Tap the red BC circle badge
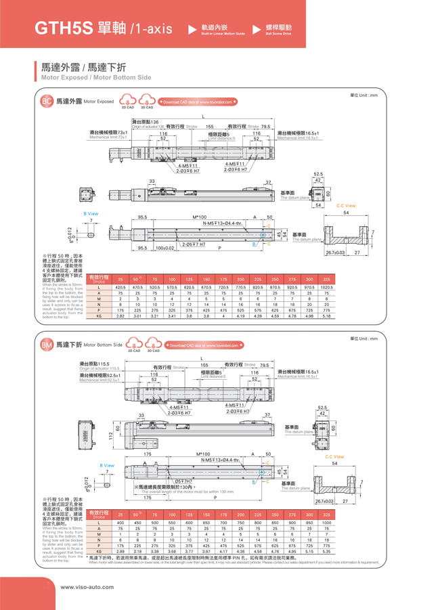click(47, 102)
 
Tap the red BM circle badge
click(47, 345)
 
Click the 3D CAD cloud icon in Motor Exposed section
click(147, 101)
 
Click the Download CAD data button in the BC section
click(197, 102)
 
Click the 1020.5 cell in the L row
click(327, 288)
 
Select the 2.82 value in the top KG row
click(120, 315)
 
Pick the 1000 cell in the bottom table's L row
click(327, 523)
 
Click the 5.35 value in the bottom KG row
click(327, 551)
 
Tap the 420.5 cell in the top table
click(120, 288)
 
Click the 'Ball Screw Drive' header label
click(279, 33)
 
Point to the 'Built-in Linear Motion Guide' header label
click(223, 33)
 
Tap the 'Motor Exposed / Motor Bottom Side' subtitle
click(96, 78)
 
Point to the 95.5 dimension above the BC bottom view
click(143, 217)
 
